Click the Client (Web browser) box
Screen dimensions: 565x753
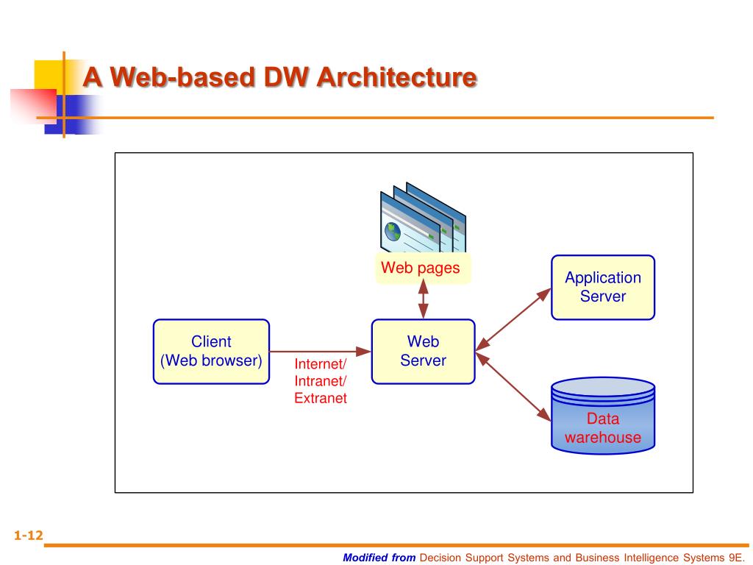coord(211,351)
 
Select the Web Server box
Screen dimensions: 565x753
coord(423,351)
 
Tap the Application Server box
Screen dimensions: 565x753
coord(602,287)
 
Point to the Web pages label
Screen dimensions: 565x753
coord(420,269)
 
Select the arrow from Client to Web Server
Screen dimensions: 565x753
coord(320,351)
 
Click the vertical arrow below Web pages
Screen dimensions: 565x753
coord(424,301)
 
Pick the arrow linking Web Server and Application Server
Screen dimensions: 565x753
coord(513,318)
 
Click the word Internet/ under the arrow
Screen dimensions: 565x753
coord(320,364)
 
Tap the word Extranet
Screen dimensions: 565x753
coord(320,399)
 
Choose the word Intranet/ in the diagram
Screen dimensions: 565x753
coord(320,381)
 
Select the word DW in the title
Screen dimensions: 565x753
coord(283,77)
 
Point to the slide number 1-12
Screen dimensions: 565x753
coord(21,536)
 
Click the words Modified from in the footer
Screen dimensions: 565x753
coord(379,557)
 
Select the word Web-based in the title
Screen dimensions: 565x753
coord(177,77)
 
